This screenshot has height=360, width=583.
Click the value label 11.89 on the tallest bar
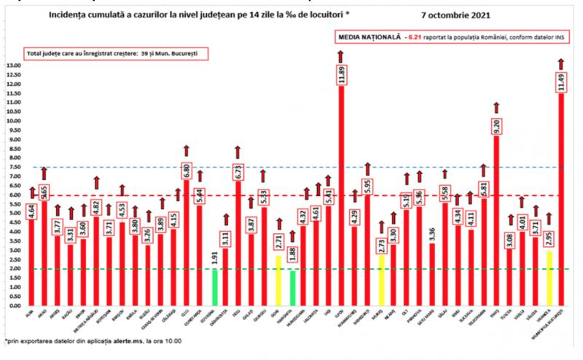point(341,75)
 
